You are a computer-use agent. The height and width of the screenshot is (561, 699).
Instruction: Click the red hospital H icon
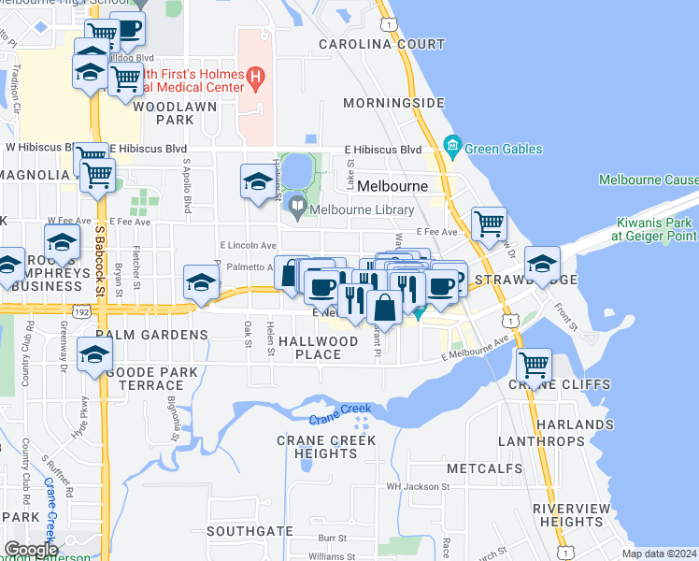pyautogui.click(x=254, y=75)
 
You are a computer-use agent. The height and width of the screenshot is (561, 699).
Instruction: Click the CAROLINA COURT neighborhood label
pyautogui.click(x=382, y=44)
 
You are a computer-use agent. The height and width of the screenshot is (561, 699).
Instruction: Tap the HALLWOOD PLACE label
pyautogui.click(x=325, y=348)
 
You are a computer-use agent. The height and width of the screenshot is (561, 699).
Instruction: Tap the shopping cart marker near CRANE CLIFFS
pyautogui.click(x=534, y=364)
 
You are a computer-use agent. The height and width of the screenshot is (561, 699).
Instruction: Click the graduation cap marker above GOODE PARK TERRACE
pyautogui.click(x=95, y=354)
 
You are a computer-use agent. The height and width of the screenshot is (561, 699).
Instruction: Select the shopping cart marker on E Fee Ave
pyautogui.click(x=489, y=223)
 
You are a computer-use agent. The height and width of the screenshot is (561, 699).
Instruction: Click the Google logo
pyautogui.click(x=30, y=550)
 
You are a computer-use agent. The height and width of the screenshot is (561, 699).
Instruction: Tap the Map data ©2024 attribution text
pyautogui.click(x=658, y=554)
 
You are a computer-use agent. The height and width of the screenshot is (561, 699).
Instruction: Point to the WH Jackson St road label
pyautogui.click(x=419, y=486)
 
